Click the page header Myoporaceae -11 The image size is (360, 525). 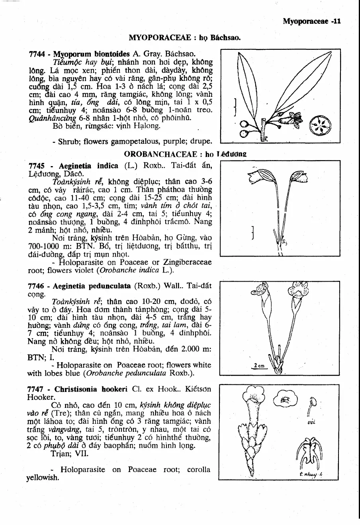pyautogui.click(x=311, y=22)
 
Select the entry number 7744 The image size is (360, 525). pyautogui.click(x=38, y=54)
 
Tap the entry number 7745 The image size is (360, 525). pyautogui.click(x=38, y=166)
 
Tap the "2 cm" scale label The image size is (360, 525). pyautogui.click(x=259, y=366)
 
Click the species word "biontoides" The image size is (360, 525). pyautogui.click(x=112, y=54)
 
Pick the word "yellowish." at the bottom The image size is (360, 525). pyautogui.click(x=43, y=477)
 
